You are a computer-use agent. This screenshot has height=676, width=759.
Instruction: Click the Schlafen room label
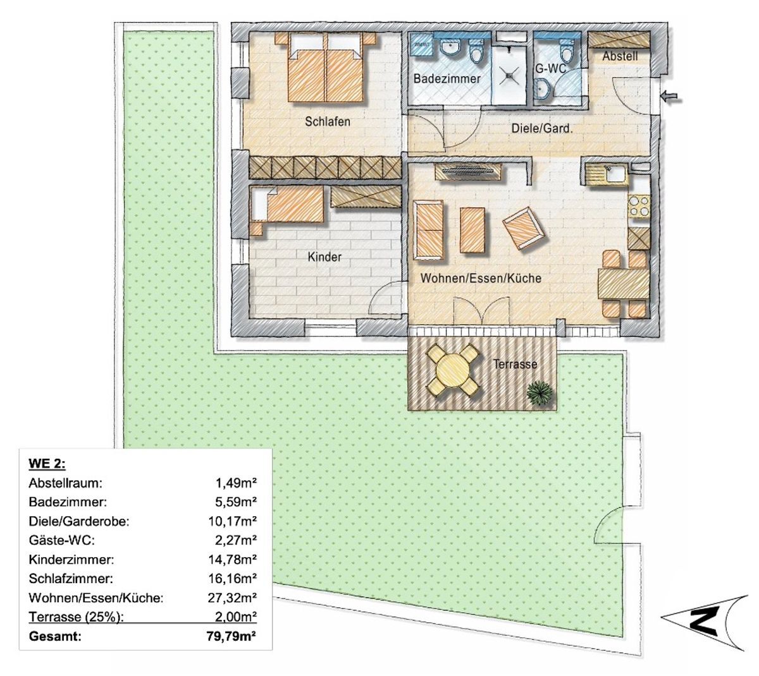327,122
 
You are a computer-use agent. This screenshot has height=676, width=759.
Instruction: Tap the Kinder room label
324,257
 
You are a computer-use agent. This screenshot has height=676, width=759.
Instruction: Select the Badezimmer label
447,79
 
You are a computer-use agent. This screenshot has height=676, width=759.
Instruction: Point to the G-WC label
550,69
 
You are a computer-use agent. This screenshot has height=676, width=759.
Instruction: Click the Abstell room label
620,56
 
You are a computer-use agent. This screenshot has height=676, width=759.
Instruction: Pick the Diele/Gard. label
542,129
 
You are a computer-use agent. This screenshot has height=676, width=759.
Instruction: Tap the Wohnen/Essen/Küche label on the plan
481,278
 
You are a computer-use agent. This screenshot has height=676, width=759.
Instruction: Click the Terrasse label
515,364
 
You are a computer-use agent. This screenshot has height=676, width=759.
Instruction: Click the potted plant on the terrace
540,393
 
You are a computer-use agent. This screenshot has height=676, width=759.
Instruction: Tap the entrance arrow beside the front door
672,97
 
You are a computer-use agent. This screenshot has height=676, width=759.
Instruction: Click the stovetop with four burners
639,207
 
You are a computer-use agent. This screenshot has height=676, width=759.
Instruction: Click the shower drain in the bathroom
509,76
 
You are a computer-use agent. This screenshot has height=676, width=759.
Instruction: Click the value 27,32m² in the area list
232,598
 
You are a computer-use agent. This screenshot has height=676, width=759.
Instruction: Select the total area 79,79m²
231,636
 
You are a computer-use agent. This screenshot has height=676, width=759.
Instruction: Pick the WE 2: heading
47,464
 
